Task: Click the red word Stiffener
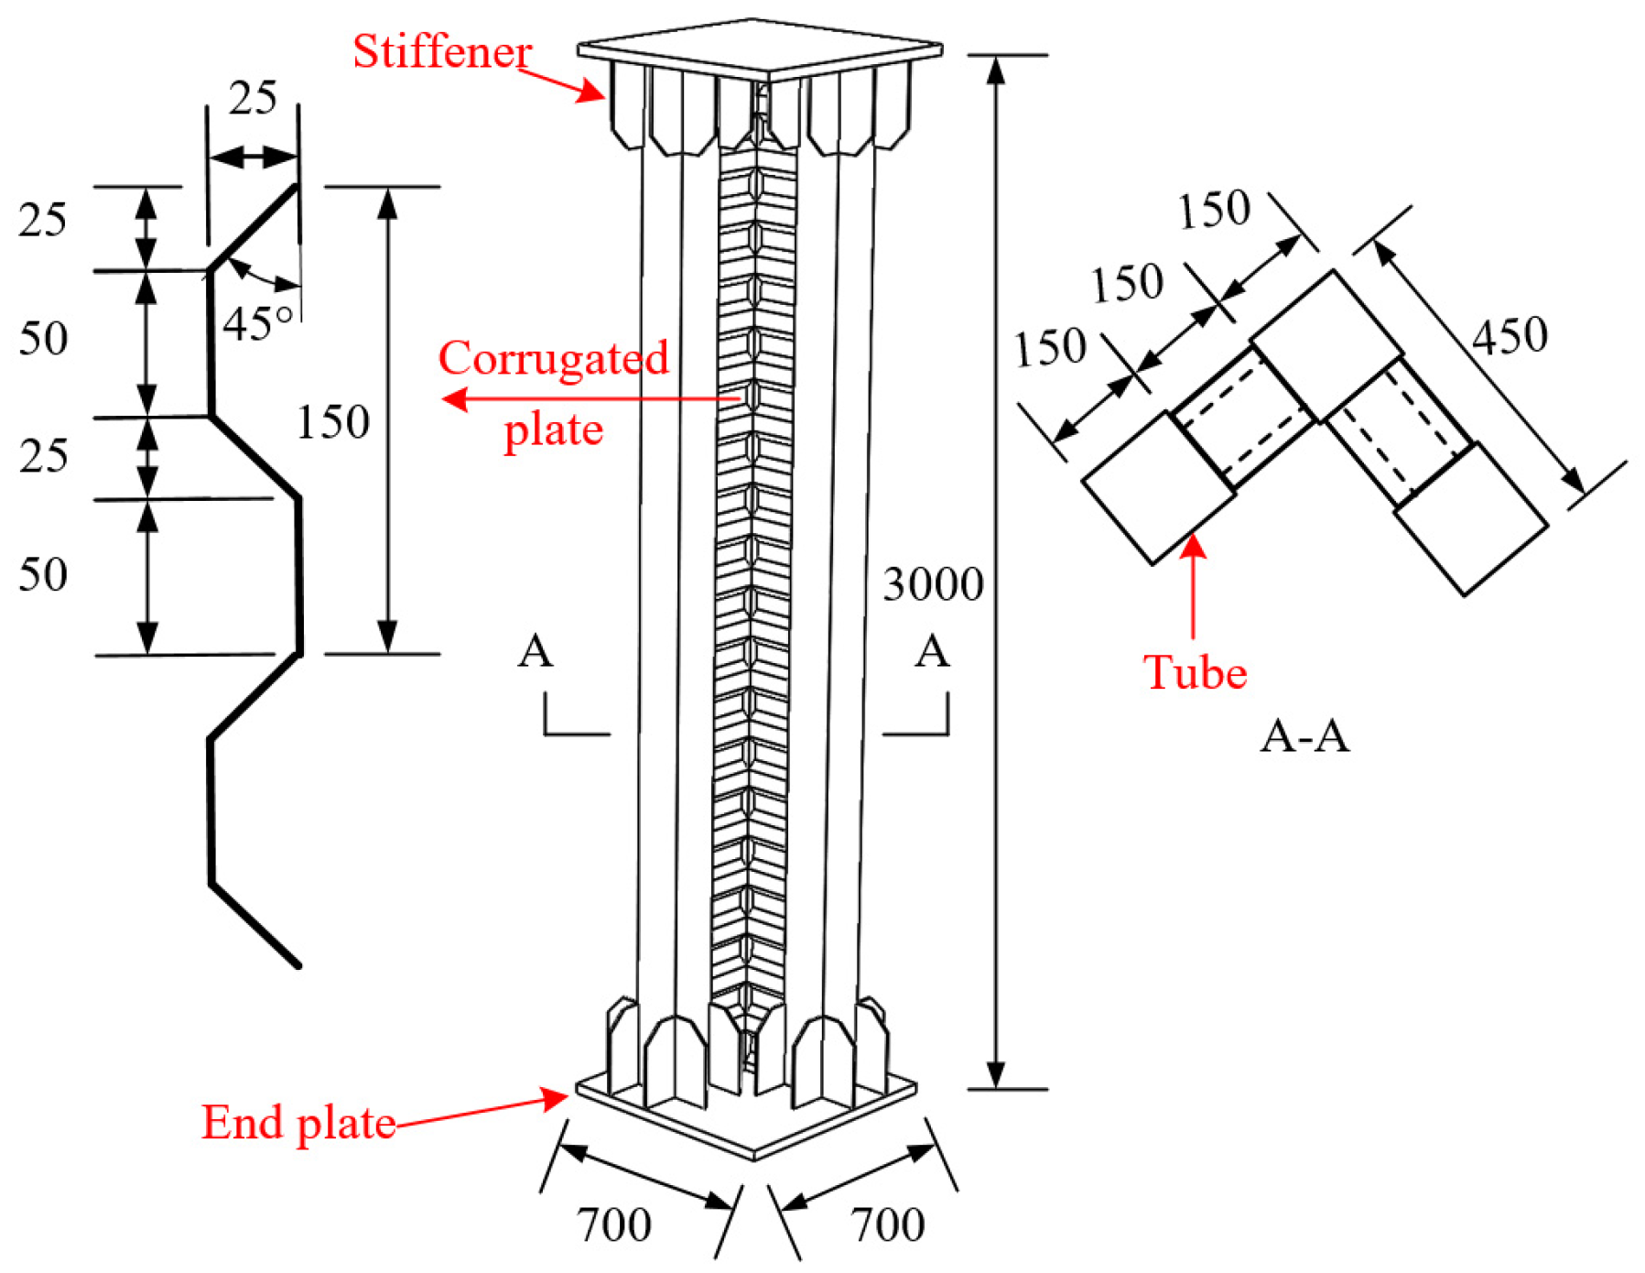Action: pyautogui.click(x=442, y=52)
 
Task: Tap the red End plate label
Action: pyautogui.click(x=298, y=1123)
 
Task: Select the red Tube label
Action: pyautogui.click(x=1195, y=672)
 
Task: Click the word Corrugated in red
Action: pyautogui.click(x=553, y=358)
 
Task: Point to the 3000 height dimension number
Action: pyautogui.click(x=932, y=584)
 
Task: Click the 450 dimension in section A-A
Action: pyautogui.click(x=1509, y=336)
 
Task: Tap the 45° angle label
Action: pyautogui.click(x=257, y=323)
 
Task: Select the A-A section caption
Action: pyautogui.click(x=1304, y=735)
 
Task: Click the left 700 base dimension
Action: pyautogui.click(x=613, y=1225)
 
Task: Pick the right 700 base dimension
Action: pyautogui.click(x=887, y=1225)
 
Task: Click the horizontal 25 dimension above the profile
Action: pyautogui.click(x=253, y=99)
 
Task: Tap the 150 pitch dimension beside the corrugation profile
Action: pyautogui.click(x=333, y=423)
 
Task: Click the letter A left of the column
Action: pyautogui.click(x=536, y=652)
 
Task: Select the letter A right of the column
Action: pyautogui.click(x=932, y=652)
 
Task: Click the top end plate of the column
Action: pyautogui.click(x=760, y=46)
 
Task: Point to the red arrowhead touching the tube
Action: pyautogui.click(x=1193, y=546)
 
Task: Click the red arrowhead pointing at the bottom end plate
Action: pyautogui.click(x=556, y=1096)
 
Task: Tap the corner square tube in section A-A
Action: pyautogui.click(x=1327, y=345)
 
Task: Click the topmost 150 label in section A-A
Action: pyautogui.click(x=1214, y=211)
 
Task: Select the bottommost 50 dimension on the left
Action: pyautogui.click(x=43, y=575)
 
